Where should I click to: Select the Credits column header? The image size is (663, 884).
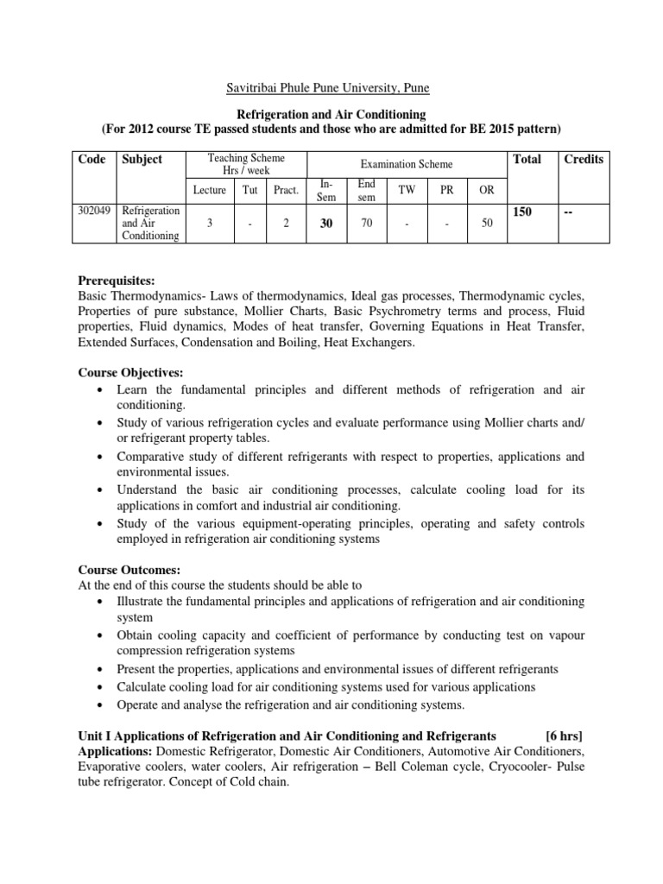click(584, 159)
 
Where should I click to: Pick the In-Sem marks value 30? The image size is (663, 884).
click(325, 224)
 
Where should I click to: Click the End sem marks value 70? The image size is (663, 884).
click(365, 224)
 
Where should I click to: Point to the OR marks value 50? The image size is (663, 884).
click(487, 224)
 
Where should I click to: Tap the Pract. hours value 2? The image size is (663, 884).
click(285, 224)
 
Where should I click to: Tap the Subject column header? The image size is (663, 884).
click(142, 159)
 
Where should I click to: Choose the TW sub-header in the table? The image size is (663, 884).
click(406, 190)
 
